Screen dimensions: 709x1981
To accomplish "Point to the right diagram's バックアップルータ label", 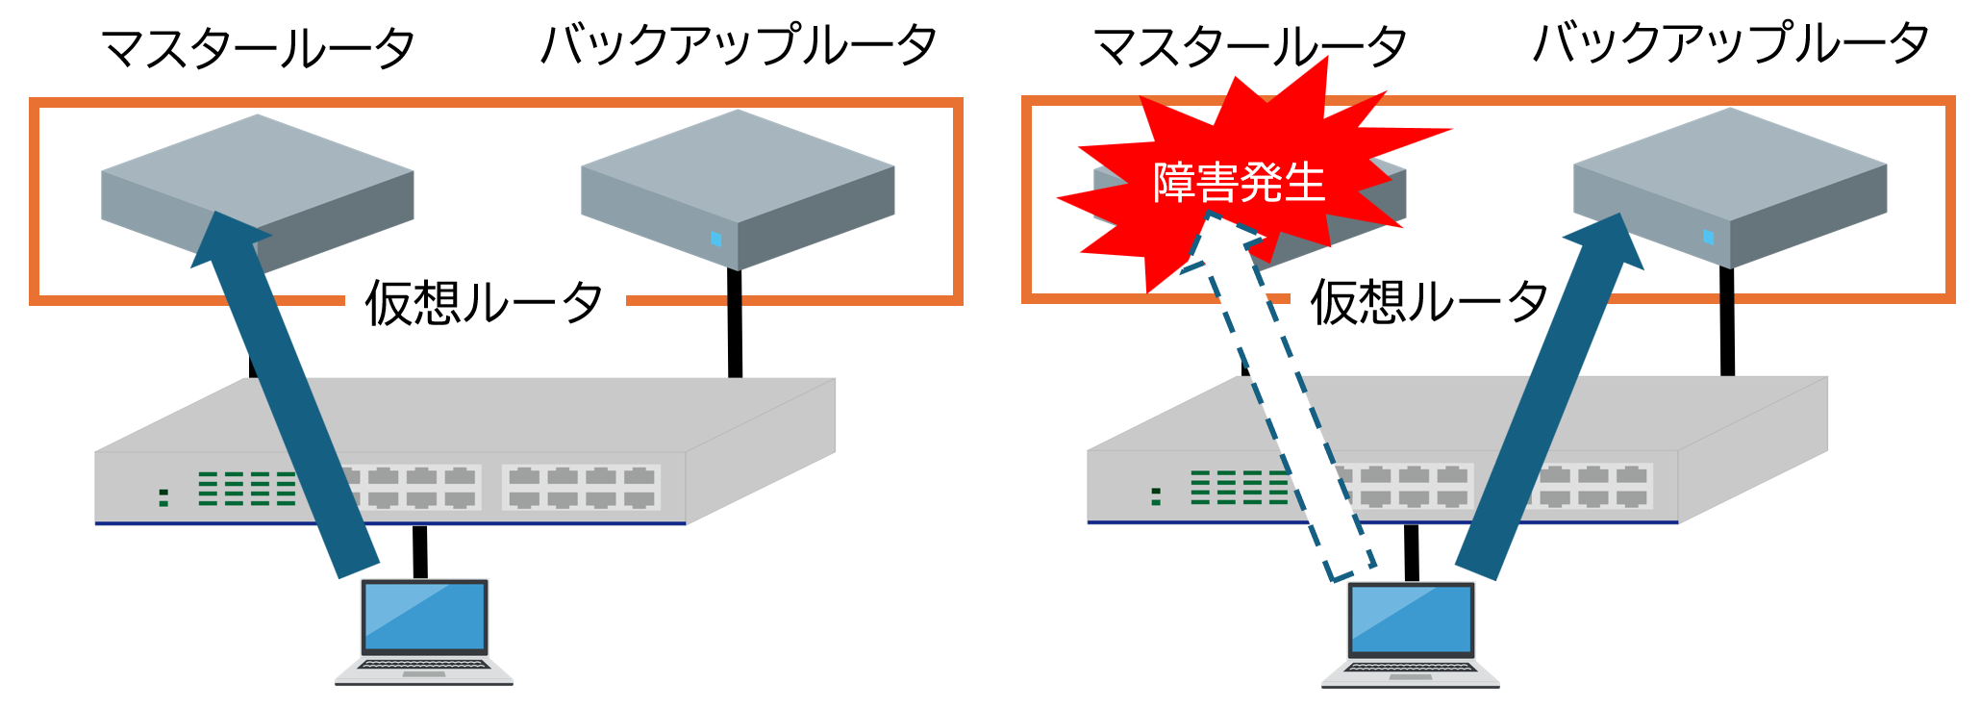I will click(1731, 43).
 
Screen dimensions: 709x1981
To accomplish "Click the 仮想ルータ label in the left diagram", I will click(484, 303).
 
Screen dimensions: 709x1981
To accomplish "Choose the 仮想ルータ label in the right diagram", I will click(1429, 301).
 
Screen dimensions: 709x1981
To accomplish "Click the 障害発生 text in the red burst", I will click(1239, 183).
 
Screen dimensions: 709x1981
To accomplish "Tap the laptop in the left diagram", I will click(424, 631).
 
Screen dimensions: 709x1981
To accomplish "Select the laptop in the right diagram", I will click(1411, 634).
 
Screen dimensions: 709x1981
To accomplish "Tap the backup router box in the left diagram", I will click(738, 188).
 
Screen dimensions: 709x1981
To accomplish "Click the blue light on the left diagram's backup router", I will click(715, 239).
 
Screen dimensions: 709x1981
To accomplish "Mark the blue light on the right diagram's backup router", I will click(1708, 237).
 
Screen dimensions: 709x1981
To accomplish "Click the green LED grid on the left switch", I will click(247, 488).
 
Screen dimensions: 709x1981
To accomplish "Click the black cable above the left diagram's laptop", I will click(419, 551).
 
